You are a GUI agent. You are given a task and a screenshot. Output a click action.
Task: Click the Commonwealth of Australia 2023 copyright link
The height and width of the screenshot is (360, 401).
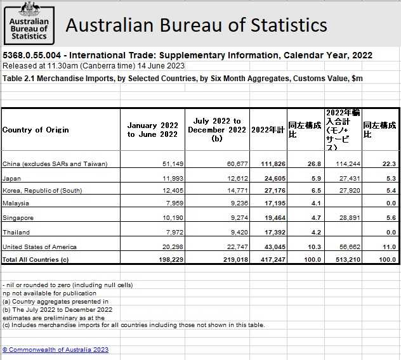55,349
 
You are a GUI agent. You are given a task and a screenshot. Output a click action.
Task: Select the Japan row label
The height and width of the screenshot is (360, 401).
12,179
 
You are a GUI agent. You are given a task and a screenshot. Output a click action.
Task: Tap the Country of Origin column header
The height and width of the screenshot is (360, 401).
36,130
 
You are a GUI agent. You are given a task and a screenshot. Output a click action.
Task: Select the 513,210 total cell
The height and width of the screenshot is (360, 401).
345,259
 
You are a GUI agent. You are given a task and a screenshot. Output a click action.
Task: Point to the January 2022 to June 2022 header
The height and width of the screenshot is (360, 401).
152,130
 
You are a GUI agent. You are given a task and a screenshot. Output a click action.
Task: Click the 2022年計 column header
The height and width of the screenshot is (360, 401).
267,130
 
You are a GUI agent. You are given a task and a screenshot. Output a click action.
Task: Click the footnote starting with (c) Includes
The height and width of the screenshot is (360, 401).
133,325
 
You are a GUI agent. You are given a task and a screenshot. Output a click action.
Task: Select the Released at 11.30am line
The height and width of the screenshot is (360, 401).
93,65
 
